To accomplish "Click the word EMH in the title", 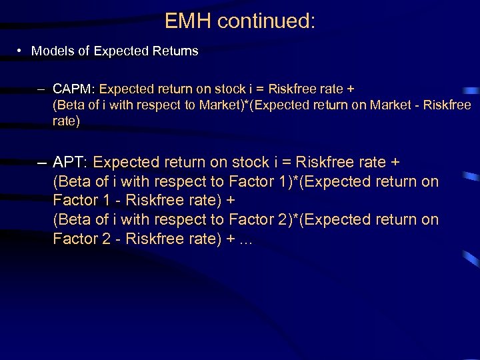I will pyautogui.click(x=189, y=21).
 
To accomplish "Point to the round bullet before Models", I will pyautogui.click(x=21, y=51).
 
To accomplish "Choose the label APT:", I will pyautogui.click(x=71, y=162).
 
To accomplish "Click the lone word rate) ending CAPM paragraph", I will pyautogui.click(x=67, y=121).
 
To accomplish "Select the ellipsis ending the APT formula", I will pyautogui.click(x=245, y=239).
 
